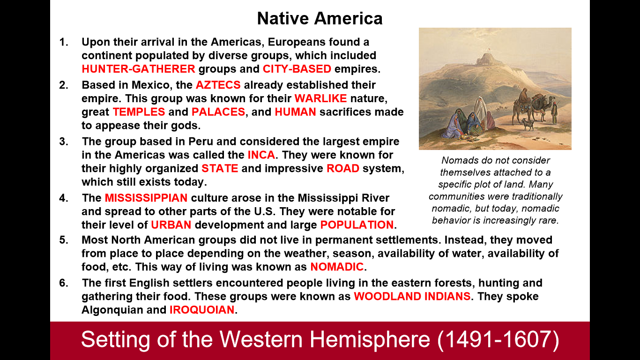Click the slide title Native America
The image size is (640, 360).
(x=320, y=18)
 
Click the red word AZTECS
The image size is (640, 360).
(x=218, y=85)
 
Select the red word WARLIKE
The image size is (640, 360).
(x=320, y=98)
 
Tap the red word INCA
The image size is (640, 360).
(x=261, y=155)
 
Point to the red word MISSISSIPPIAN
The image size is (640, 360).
(x=146, y=198)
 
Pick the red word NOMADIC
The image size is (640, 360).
(x=337, y=267)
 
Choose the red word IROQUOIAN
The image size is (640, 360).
(x=202, y=310)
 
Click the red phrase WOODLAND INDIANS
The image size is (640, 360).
(x=412, y=296)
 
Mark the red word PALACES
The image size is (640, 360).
(x=218, y=112)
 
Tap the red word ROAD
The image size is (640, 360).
(x=343, y=168)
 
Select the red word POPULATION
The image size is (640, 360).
(x=357, y=225)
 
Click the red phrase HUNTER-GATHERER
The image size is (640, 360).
(x=138, y=69)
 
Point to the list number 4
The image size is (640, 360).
(x=64, y=198)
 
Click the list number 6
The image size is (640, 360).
(x=64, y=283)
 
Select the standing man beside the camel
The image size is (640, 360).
(x=554, y=113)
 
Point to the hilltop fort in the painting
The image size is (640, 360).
(x=486, y=60)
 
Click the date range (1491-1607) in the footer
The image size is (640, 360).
(x=498, y=339)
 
